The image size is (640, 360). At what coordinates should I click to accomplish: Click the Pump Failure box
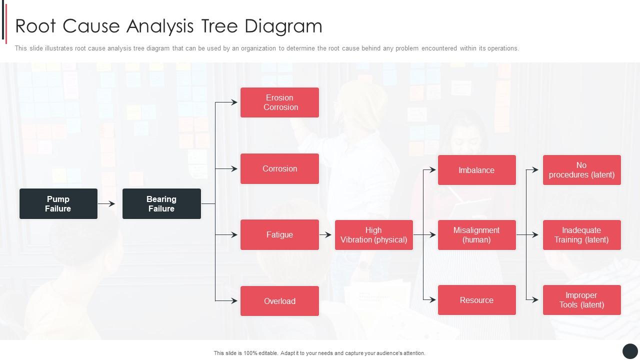(58, 203)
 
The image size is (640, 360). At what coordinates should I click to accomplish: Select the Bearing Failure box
(161, 203)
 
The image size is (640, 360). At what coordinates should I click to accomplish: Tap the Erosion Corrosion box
(279, 102)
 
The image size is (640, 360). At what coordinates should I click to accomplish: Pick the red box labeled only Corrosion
(279, 168)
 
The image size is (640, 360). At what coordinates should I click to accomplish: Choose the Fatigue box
(279, 234)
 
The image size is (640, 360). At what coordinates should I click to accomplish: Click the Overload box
(279, 301)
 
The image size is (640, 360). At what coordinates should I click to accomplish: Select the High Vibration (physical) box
(373, 234)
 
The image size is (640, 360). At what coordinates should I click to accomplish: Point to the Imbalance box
(476, 170)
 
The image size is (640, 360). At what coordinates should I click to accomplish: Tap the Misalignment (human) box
(476, 234)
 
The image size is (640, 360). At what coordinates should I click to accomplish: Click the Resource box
(476, 300)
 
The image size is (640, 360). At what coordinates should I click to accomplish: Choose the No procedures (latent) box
(581, 170)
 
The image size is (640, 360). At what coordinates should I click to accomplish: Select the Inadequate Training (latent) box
(581, 234)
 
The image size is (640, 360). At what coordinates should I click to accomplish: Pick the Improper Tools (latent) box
(581, 300)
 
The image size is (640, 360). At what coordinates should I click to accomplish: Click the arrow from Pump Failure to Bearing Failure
(106, 203)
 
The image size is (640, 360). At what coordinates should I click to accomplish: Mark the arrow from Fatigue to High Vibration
(325, 234)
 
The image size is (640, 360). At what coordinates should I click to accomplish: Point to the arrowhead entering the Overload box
(234, 301)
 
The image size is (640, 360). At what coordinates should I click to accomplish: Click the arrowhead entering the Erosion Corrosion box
(234, 102)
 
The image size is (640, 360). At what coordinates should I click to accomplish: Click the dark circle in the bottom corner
(630, 351)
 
